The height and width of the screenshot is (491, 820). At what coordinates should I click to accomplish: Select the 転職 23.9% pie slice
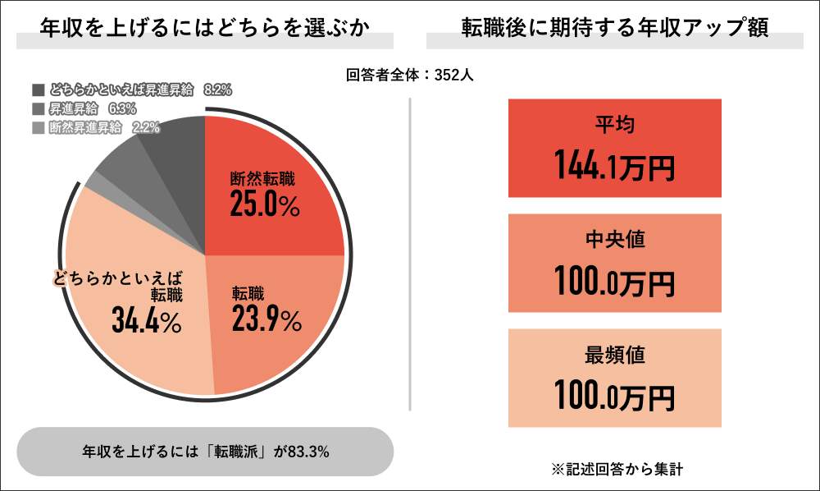[x=279, y=328]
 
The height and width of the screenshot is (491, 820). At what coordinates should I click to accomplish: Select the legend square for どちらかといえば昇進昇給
[x=39, y=89]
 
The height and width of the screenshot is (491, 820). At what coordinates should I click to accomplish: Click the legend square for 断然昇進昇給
[x=39, y=127]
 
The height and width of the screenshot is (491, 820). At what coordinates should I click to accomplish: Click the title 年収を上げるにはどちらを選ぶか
[x=205, y=27]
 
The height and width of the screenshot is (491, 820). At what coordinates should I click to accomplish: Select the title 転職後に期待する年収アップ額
[x=614, y=27]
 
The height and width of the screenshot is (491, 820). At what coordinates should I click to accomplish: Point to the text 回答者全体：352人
[x=410, y=75]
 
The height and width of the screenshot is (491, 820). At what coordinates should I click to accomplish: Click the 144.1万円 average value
[x=614, y=166]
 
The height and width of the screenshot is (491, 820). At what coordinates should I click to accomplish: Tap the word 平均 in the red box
[x=614, y=126]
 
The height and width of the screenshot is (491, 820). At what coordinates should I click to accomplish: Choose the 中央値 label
[x=614, y=241]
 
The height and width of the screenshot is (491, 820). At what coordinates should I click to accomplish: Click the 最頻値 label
[x=614, y=356]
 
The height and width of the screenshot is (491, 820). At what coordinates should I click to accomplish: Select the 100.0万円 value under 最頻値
[x=614, y=396]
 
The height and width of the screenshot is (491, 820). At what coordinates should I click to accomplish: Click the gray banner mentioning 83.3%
[x=205, y=452]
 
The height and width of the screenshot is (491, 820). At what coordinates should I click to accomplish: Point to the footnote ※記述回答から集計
[x=617, y=470]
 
